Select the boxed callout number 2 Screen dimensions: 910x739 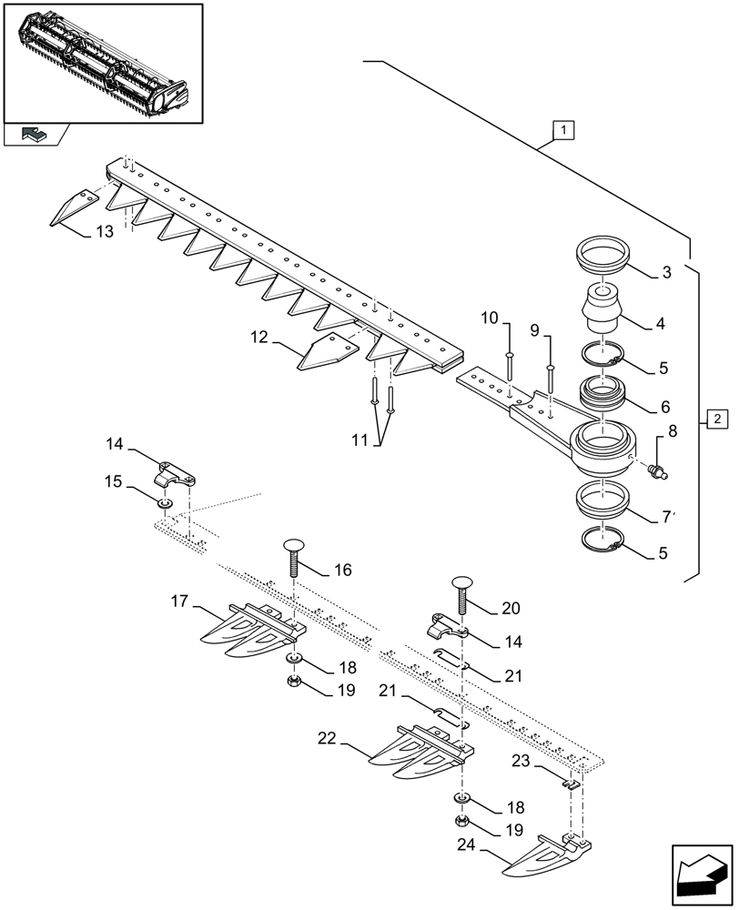tap(717, 420)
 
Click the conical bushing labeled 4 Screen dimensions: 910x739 tap(600, 308)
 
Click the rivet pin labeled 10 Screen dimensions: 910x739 tap(510, 362)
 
